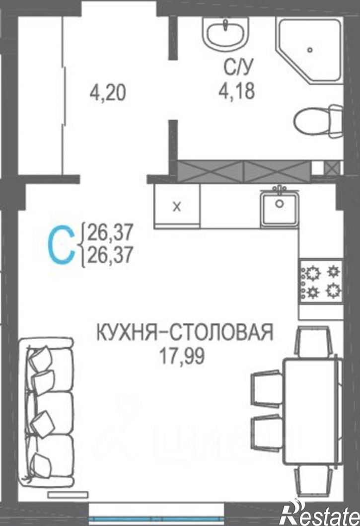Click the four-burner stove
tap(321, 282)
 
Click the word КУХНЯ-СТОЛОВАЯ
tap(184, 332)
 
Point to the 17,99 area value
tap(182, 356)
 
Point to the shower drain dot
tap(310, 49)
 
